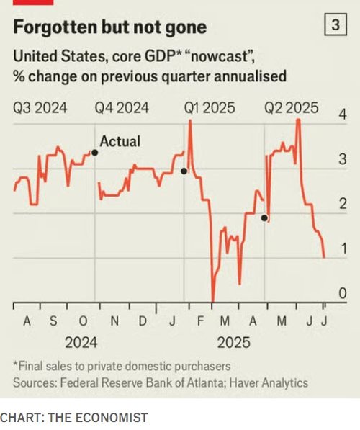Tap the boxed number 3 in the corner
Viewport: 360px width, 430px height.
click(335, 26)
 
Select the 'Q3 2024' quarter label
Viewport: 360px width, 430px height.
click(40, 108)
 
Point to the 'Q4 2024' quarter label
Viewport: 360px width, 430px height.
click(122, 108)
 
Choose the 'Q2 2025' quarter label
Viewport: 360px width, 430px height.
click(291, 108)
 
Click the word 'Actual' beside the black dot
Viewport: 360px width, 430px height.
click(120, 142)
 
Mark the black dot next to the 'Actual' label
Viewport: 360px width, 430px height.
click(95, 153)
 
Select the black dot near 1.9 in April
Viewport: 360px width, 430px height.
click(264, 217)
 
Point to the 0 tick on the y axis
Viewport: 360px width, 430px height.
click(343, 293)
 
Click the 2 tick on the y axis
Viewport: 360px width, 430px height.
click(343, 205)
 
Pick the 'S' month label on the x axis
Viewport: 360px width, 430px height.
click(53, 321)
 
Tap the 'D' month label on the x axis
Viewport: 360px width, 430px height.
click(143, 321)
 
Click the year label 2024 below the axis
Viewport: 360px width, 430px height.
click(81, 343)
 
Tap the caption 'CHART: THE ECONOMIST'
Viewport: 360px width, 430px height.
click(74, 417)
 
